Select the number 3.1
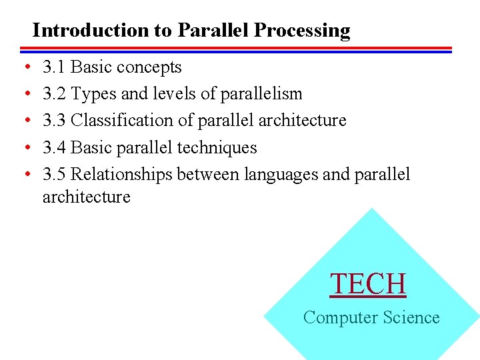tap(54, 67)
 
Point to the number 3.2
tap(54, 94)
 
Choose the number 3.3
tap(54, 121)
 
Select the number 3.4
tap(54, 147)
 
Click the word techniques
tap(217, 147)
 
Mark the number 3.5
tap(54, 174)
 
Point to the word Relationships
tap(121, 174)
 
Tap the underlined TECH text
tap(368, 284)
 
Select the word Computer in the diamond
tap(333, 318)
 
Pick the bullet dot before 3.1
tap(25, 68)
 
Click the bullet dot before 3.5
tap(25, 175)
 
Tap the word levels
tap(175, 94)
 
